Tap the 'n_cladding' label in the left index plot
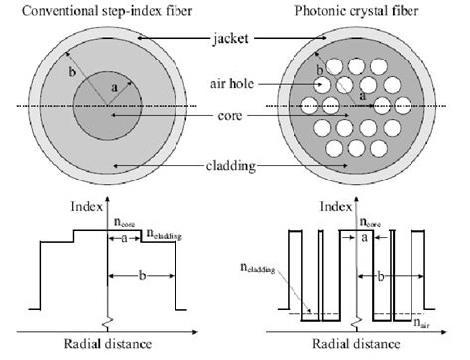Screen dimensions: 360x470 (x=168, y=235)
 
